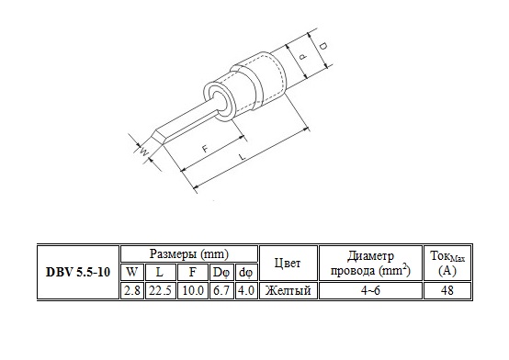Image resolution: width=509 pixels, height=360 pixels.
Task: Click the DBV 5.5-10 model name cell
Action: (78, 272)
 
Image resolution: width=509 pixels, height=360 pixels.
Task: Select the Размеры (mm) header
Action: (189, 253)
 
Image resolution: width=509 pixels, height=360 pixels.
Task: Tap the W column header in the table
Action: (131, 272)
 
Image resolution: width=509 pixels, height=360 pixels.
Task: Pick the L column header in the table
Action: (159, 272)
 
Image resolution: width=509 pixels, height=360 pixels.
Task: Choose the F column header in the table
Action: (193, 272)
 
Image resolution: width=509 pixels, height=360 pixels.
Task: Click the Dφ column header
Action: (221, 273)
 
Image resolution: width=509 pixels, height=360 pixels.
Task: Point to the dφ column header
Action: (245, 273)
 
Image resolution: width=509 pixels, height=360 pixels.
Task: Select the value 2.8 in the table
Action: (131, 290)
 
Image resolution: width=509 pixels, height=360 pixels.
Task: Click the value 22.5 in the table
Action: (160, 290)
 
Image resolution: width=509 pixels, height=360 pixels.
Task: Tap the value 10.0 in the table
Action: (193, 290)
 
